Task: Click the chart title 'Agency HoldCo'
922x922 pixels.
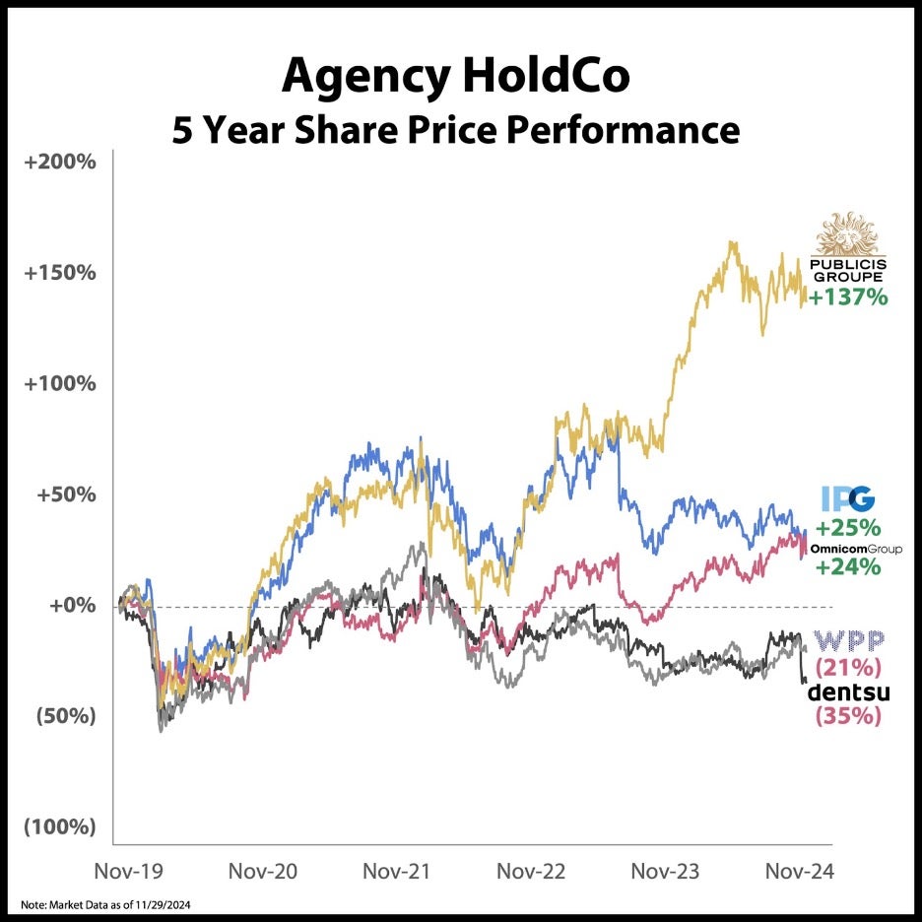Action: click(455, 75)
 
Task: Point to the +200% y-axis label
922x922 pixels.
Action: click(62, 161)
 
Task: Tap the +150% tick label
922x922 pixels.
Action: click(62, 272)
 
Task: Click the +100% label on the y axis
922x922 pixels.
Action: click(62, 383)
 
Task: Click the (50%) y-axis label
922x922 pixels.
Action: click(66, 716)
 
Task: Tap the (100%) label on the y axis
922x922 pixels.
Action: click(61, 827)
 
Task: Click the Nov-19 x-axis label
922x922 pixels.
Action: click(127, 871)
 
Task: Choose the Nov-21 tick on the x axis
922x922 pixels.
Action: click(394, 871)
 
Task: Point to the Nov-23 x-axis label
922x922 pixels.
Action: click(664, 871)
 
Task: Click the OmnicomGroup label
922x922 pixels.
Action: click(854, 547)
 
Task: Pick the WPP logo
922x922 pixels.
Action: click(848, 641)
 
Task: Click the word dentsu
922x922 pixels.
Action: click(848, 691)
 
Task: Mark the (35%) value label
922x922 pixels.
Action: click(848, 716)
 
